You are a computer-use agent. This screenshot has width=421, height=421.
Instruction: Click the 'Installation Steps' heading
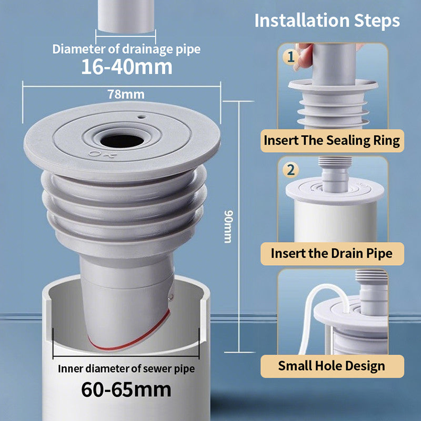click(327, 21)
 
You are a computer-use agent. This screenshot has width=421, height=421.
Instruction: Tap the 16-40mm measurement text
click(126, 67)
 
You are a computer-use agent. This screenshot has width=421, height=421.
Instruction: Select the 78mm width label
click(126, 94)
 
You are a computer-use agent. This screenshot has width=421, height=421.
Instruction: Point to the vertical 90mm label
click(228, 226)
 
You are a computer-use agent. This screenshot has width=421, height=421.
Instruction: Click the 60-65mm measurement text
click(126, 390)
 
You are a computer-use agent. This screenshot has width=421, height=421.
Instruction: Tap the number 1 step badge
click(290, 56)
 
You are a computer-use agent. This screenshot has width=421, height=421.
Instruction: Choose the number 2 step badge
click(290, 169)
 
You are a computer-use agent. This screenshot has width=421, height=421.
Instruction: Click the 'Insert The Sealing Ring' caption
click(332, 141)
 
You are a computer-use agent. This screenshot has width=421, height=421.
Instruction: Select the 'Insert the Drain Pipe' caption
click(332, 254)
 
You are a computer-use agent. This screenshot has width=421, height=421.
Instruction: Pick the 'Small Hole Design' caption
click(332, 366)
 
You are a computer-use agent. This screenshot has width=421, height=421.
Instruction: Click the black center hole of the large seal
click(122, 141)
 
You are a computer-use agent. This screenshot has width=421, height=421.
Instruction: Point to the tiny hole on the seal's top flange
click(142, 117)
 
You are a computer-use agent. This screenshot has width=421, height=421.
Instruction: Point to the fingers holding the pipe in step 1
click(303, 56)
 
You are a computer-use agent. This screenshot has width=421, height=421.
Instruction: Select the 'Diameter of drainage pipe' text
click(126, 49)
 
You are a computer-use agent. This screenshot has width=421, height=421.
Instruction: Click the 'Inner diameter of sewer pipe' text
click(126, 369)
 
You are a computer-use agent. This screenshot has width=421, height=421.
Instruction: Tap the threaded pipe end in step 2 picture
click(335, 161)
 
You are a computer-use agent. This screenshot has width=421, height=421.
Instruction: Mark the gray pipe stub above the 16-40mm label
click(126, 16)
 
